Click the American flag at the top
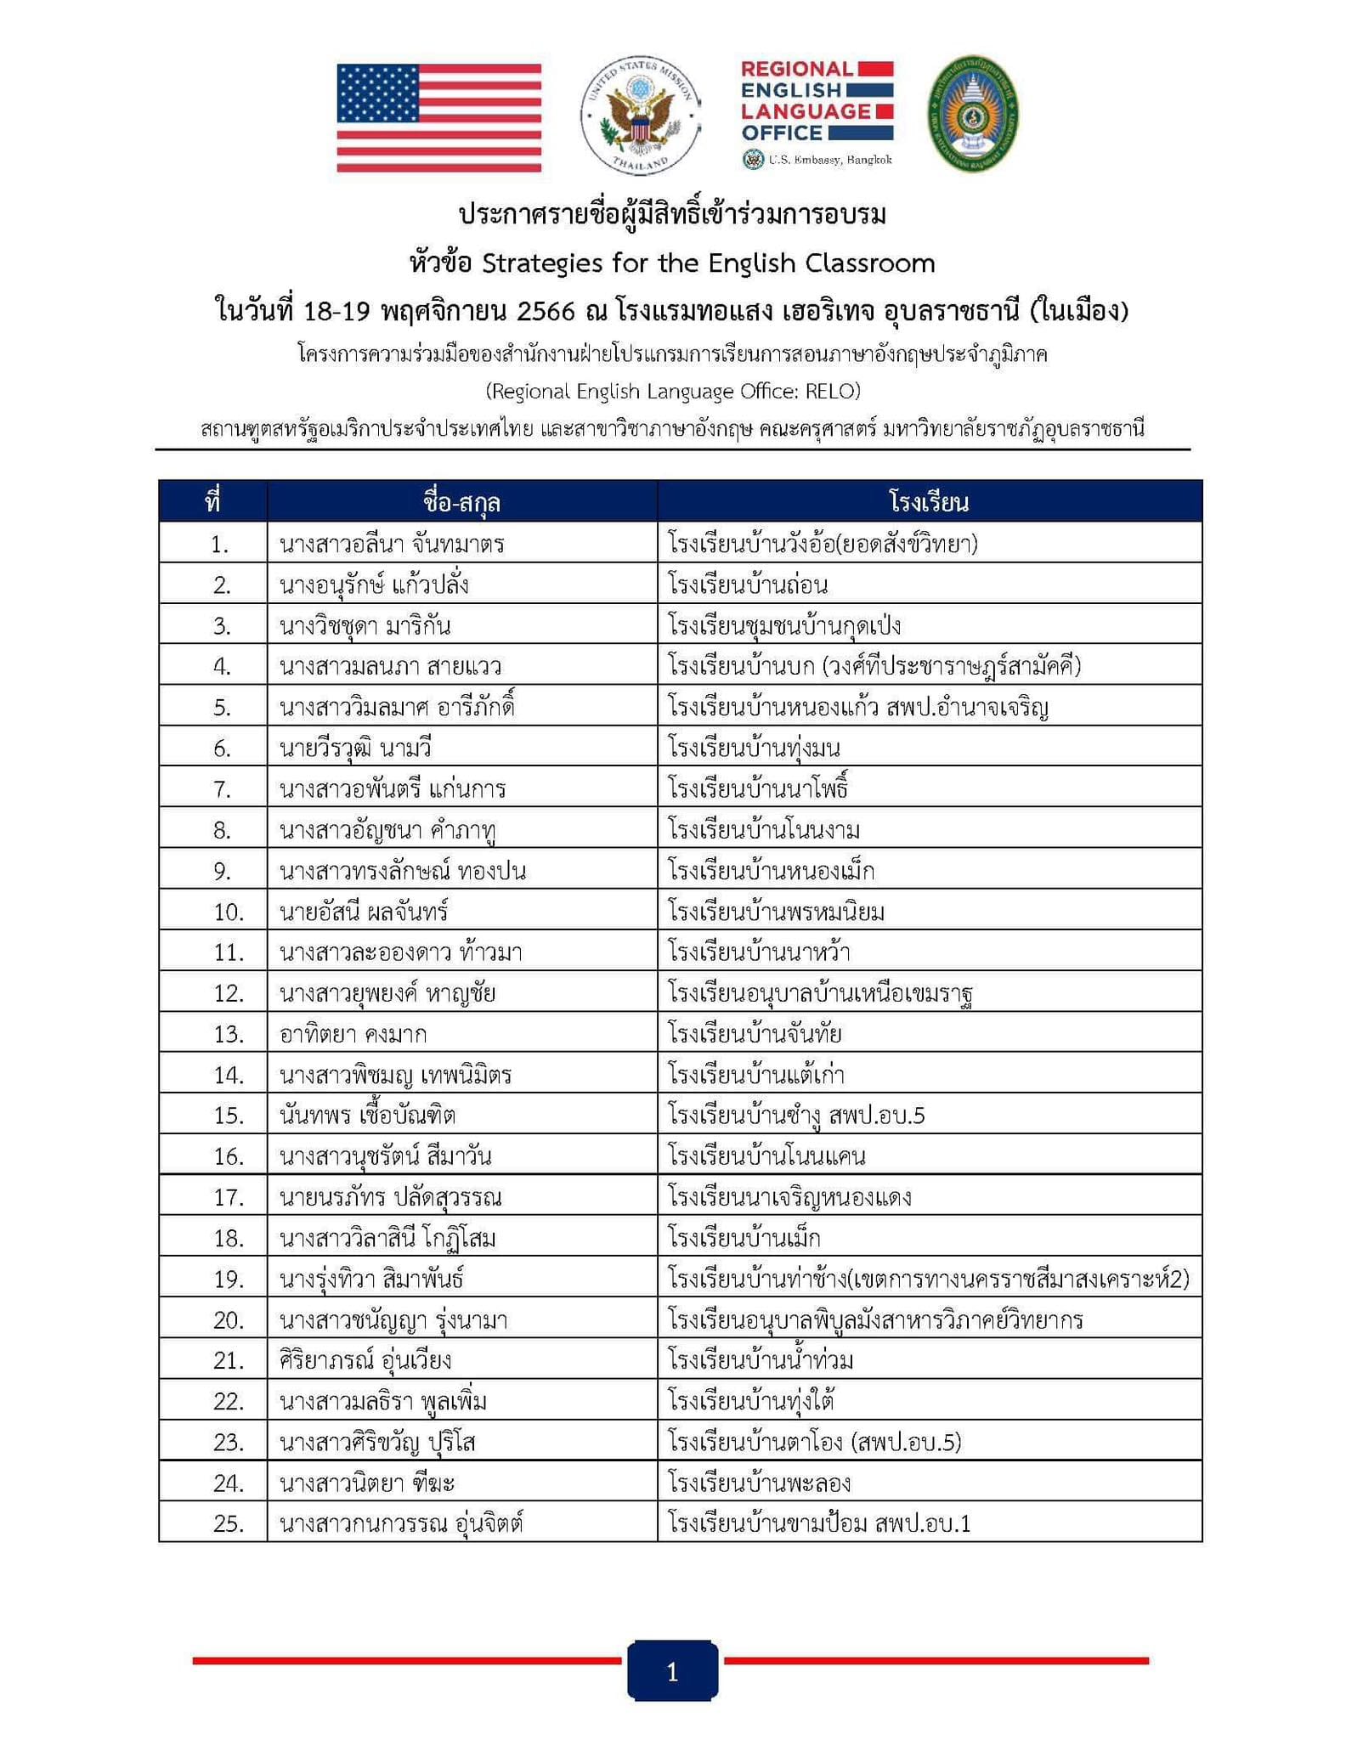(x=438, y=118)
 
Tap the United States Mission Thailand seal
(x=640, y=116)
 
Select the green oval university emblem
(x=973, y=115)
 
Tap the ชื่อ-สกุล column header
(x=461, y=502)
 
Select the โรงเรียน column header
(x=929, y=502)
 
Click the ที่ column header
(x=212, y=502)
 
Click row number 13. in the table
(x=229, y=1035)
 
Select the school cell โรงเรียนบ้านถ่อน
(x=748, y=585)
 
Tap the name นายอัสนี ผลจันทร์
(x=364, y=912)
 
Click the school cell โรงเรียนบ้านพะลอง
(x=759, y=1483)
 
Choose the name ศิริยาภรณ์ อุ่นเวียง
(x=365, y=1361)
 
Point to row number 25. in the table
(x=229, y=1524)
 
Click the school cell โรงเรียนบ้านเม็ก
(x=744, y=1239)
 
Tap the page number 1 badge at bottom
(x=672, y=1672)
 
